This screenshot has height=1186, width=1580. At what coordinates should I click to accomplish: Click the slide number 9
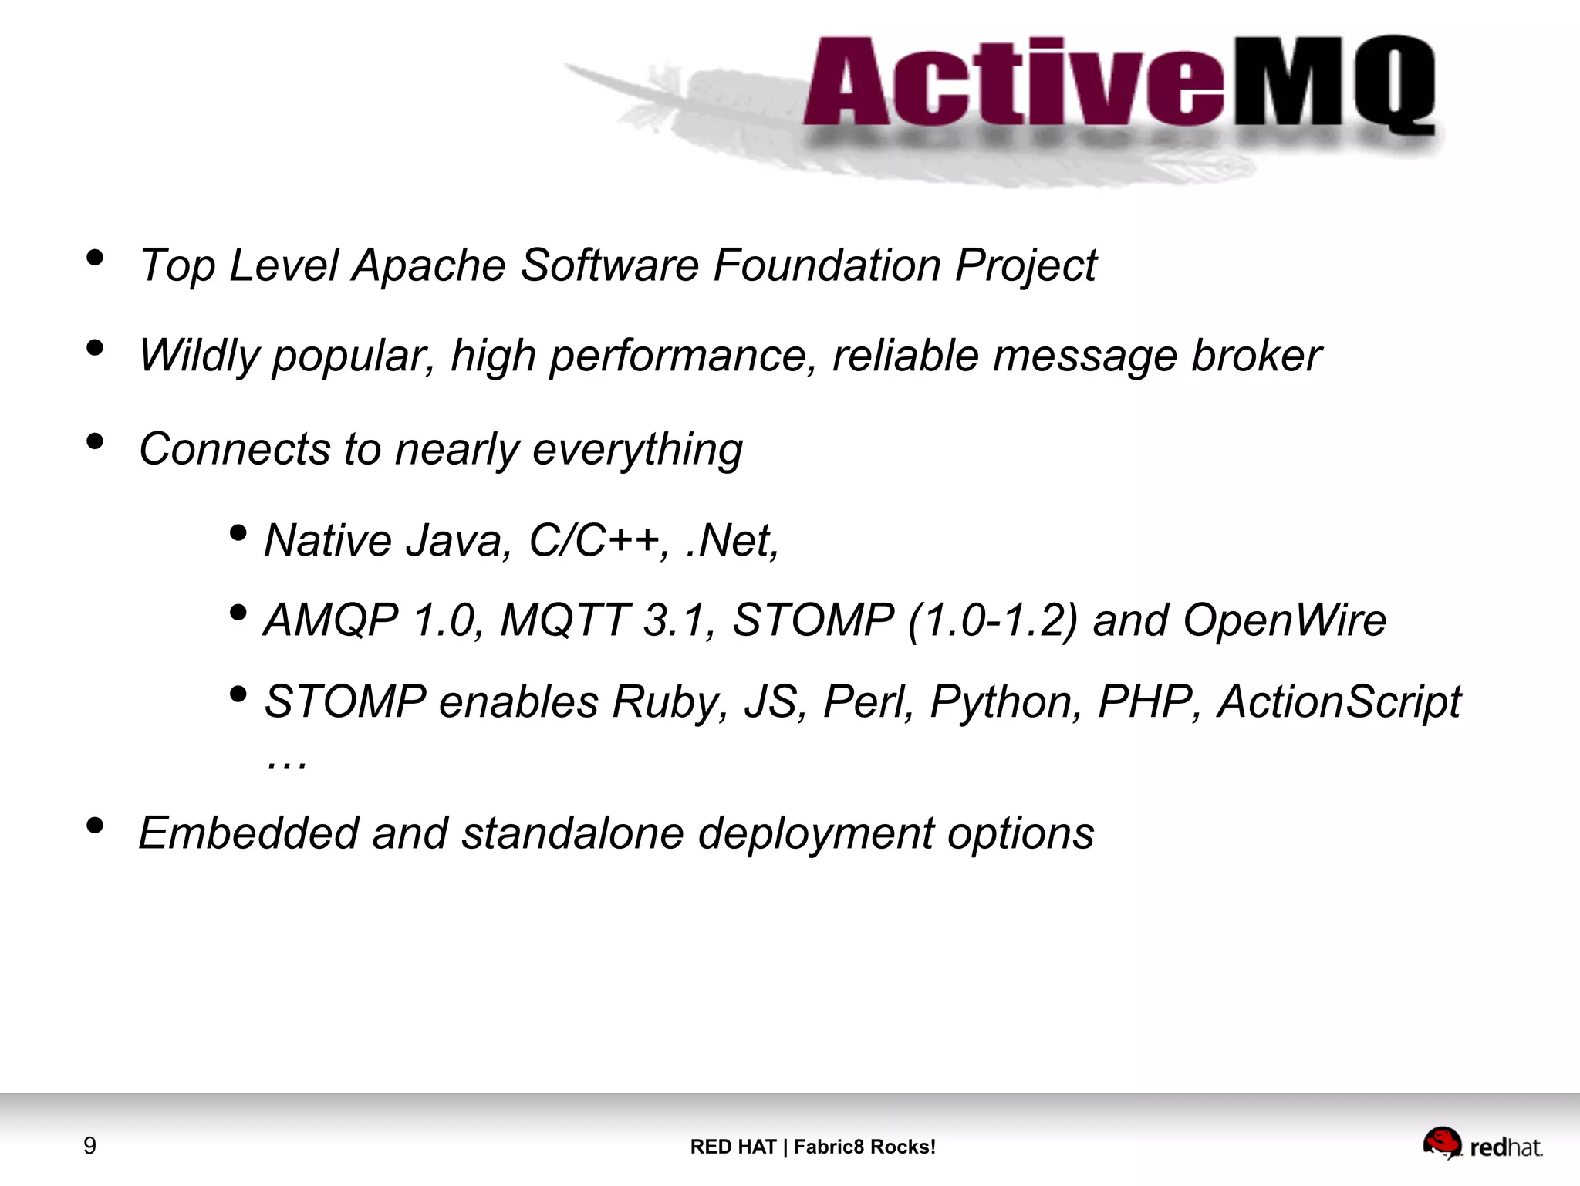coord(89,1145)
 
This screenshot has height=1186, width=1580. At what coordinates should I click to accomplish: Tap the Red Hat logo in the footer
coord(1482,1145)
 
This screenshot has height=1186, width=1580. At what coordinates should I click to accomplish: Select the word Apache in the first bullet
coord(429,266)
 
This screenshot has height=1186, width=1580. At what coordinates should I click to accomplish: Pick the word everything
coord(637,450)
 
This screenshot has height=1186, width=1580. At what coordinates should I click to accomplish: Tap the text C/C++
coord(593,540)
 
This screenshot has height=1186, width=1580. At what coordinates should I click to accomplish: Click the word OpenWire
coord(1284,620)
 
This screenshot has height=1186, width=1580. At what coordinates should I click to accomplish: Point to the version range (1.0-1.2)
coord(991,620)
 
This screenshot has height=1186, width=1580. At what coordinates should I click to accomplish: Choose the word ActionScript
coord(1339,702)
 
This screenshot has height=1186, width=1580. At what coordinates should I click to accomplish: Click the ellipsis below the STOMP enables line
coord(286,763)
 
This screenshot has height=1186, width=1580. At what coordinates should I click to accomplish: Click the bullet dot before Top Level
coord(95,258)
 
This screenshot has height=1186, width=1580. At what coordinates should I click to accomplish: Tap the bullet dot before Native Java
coord(238,533)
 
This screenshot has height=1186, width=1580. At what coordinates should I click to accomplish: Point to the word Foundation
coord(826,266)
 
